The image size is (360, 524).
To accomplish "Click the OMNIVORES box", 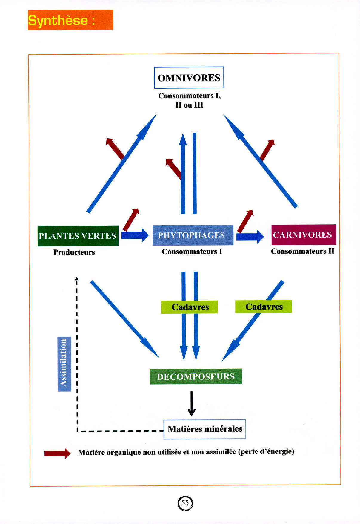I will pos(189,78).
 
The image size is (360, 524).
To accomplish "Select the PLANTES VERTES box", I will pos(78,236).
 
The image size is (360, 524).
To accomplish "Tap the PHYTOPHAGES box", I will pos(193,235).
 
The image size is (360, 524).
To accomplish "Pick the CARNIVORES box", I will pos(304,235).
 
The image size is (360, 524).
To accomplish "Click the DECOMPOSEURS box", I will pos(196,377).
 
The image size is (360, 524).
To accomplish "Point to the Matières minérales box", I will pos(205,429).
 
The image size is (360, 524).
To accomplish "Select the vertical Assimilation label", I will pos(64,364).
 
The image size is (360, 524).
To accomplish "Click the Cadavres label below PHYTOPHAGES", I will pos(190,307).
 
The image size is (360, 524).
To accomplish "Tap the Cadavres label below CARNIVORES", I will pos(264,307).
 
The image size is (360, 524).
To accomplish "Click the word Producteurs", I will pos(74,252).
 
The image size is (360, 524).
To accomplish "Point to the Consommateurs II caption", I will pos(302,252).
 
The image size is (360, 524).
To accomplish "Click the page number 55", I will pos(185,503).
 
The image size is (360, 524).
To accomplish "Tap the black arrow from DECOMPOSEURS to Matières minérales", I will pos(192,403).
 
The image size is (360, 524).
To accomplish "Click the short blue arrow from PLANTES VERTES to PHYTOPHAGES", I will pos(135,235).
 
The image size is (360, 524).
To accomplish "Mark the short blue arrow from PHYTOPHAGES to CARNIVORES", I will pos(250,237).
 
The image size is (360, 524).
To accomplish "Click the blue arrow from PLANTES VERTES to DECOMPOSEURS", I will pos(125,319).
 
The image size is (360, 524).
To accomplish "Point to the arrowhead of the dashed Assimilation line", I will pos(77,279).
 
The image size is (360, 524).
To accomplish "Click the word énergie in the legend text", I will pos(280,451).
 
